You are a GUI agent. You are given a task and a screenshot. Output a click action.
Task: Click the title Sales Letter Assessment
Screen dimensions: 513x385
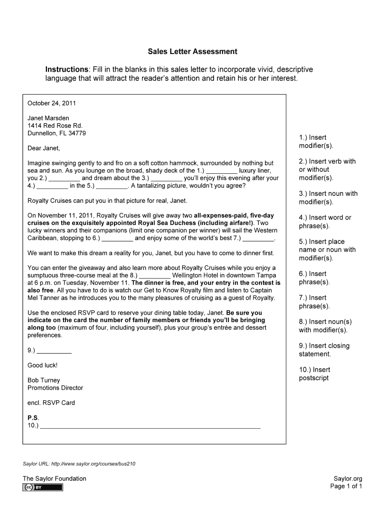pyautogui.click(x=192, y=52)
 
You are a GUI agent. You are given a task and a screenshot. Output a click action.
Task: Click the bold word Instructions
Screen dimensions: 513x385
pyautogui.click(x=66, y=69)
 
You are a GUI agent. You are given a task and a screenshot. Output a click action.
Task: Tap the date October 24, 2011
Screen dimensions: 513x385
pyautogui.click(x=51, y=104)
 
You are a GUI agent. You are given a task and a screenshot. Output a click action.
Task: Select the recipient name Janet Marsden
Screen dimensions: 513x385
pyautogui.click(x=48, y=118)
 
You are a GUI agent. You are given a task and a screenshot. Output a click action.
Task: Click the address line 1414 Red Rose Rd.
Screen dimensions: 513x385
pyautogui.click(x=54, y=126)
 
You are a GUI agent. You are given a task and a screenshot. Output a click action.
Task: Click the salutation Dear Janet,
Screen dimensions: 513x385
pyautogui.click(x=43, y=148)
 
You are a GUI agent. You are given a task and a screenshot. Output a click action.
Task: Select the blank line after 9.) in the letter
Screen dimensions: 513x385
pyautogui.click(x=54, y=351)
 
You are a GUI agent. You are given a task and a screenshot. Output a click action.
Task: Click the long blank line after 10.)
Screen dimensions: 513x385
pyautogui.click(x=150, y=427)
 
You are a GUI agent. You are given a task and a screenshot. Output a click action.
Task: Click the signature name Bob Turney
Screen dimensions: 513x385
pyautogui.click(x=43, y=380)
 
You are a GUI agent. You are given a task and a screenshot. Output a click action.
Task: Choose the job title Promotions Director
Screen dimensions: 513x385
pyautogui.click(x=55, y=388)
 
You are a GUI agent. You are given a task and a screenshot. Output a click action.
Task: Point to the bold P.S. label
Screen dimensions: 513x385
pyautogui.click(x=32, y=418)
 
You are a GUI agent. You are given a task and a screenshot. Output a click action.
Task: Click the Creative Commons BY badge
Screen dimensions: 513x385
pyautogui.click(x=42, y=487)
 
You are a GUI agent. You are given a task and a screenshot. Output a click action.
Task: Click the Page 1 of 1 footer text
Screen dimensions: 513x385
pyautogui.click(x=346, y=486)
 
